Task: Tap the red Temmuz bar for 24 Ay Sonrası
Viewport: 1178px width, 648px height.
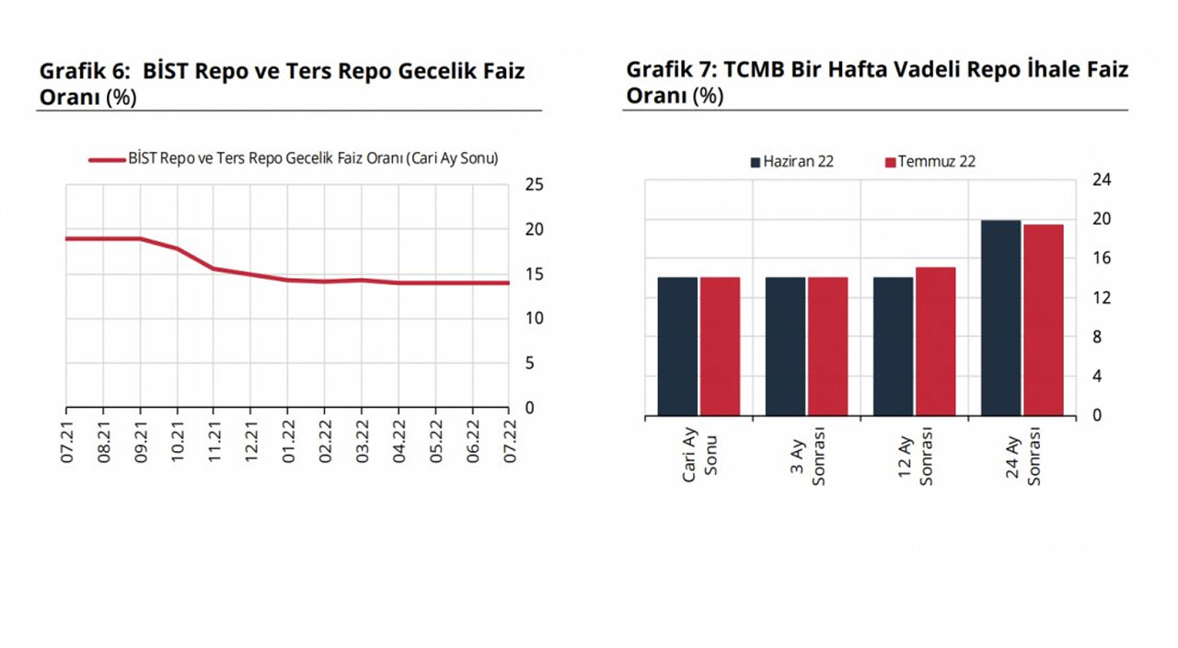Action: pos(1043,319)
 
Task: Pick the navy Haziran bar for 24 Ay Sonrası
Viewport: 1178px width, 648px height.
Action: pos(1000,318)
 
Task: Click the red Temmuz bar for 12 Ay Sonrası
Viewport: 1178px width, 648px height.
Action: pos(935,341)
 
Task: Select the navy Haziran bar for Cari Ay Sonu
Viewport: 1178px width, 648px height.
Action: pos(677,346)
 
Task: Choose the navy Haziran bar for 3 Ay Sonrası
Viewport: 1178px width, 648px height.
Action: pos(785,346)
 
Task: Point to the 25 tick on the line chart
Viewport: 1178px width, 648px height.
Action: pos(534,185)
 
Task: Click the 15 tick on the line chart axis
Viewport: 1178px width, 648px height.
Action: pos(534,274)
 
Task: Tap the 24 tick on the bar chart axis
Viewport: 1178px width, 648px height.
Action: pos(1102,180)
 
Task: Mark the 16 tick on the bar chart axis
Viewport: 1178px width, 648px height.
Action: pos(1102,259)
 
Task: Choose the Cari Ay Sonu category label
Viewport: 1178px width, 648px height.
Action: pos(699,456)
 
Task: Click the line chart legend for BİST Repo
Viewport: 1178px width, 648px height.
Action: pos(294,159)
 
